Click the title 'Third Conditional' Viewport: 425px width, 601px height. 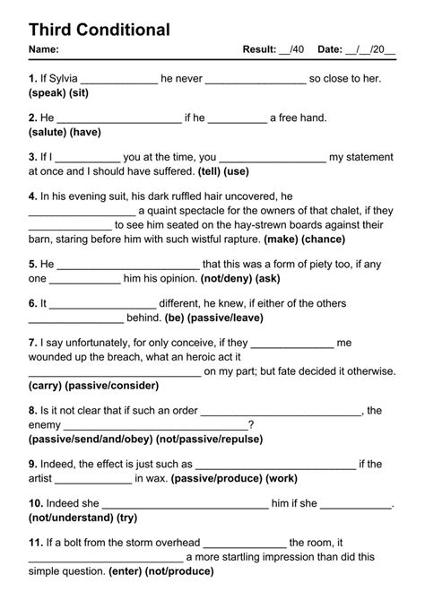pyautogui.click(x=99, y=30)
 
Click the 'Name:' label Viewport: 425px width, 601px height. pyautogui.click(x=44, y=50)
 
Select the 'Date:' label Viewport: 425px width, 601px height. pyautogui.click(x=330, y=50)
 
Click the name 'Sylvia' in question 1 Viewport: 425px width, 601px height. pyautogui.click(x=59, y=79)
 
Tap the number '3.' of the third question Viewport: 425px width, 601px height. pyautogui.click(x=33, y=156)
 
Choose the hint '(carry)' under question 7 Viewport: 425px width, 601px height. pyautogui.click(x=46, y=386)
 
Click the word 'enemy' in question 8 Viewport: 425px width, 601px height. pyautogui.click(x=45, y=425)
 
